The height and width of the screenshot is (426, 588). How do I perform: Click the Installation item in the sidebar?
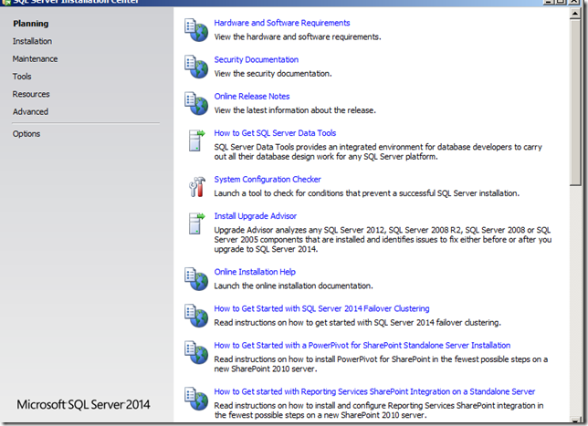pyautogui.click(x=32, y=41)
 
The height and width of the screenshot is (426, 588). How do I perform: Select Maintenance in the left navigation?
pyautogui.click(x=35, y=58)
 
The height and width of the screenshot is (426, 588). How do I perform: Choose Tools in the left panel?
pyautogui.click(x=22, y=77)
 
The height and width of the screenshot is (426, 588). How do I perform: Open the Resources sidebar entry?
pyautogui.click(x=31, y=94)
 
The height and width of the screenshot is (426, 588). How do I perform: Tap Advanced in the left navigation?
pyautogui.click(x=30, y=111)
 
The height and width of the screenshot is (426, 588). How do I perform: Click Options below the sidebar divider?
pyautogui.click(x=26, y=134)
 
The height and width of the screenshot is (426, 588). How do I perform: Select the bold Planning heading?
pyautogui.click(x=31, y=24)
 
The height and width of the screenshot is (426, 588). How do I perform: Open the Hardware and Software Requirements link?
pyautogui.click(x=282, y=23)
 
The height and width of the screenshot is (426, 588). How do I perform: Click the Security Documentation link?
pyautogui.click(x=257, y=59)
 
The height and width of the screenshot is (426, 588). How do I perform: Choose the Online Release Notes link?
pyautogui.click(x=252, y=97)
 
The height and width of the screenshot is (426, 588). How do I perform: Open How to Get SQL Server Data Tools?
pyautogui.click(x=275, y=133)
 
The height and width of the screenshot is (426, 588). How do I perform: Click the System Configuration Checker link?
pyautogui.click(x=268, y=180)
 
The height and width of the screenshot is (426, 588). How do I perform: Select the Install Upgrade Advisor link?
pyautogui.click(x=255, y=216)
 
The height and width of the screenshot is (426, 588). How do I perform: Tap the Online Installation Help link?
pyautogui.click(x=255, y=272)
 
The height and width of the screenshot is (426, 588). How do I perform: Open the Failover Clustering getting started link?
pyautogui.click(x=321, y=308)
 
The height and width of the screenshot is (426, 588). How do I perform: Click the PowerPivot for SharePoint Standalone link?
pyautogui.click(x=362, y=345)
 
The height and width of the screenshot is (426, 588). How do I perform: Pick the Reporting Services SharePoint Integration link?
pyautogui.click(x=374, y=391)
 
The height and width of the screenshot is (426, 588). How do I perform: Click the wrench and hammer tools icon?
pyautogui.click(x=197, y=187)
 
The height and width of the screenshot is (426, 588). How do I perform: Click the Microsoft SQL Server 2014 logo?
pyautogui.click(x=83, y=405)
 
